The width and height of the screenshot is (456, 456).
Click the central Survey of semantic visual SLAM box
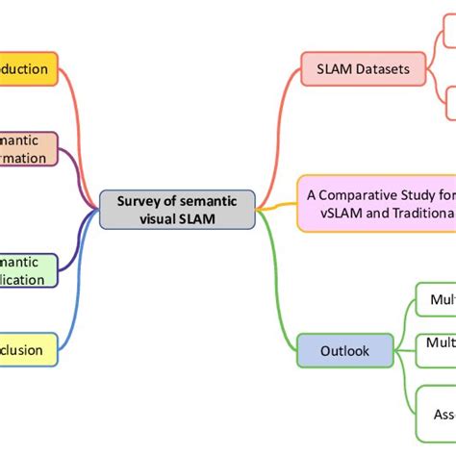[x=178, y=210]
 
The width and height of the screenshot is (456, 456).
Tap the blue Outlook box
[x=345, y=350]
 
